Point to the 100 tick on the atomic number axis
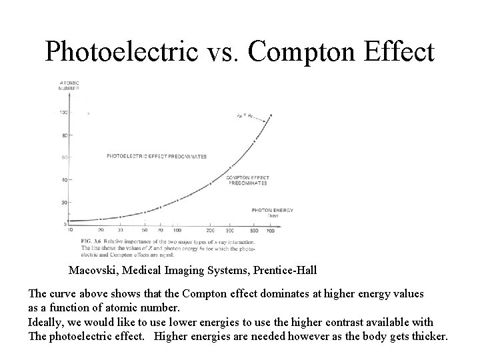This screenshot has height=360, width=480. (x=63, y=113)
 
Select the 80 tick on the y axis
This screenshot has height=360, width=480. (x=64, y=135)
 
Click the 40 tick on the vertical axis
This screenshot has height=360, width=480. (x=64, y=180)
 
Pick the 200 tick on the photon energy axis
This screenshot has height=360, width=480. (x=211, y=230)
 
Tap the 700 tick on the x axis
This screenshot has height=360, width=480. (x=271, y=230)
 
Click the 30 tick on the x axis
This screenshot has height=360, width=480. (x=120, y=230)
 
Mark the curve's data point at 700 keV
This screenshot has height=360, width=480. (x=270, y=116)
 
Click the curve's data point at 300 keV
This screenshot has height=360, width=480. (x=231, y=167)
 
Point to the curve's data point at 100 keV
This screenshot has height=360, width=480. (x=177, y=200)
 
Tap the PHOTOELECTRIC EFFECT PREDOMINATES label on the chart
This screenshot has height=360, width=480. (x=157, y=157)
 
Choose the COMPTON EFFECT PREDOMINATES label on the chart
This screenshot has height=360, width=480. (x=247, y=179)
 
